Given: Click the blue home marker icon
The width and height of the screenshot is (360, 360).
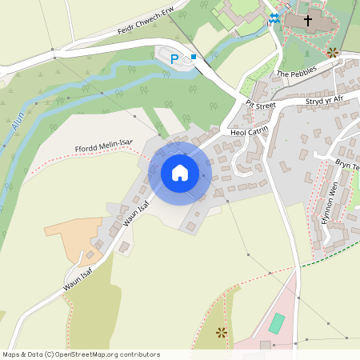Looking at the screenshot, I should pos(180,172).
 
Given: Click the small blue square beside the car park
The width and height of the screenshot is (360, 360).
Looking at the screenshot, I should pos(194,57).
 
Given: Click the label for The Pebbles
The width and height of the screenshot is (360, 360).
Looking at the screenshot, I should pos(298,73).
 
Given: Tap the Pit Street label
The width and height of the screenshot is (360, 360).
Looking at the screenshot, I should pos(261,104).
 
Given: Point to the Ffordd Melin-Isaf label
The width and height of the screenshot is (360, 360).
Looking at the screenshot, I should pos(103,146).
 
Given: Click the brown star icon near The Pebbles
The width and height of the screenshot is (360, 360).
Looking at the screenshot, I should pos(332,53).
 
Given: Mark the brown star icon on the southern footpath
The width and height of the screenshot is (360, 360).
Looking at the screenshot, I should pos(222,332).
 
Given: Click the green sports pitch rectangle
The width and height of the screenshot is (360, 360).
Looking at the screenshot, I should pos(276,323).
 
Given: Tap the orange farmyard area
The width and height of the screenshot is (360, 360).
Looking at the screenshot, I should pos(74,236).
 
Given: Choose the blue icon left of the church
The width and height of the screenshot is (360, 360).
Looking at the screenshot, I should pos(274,18).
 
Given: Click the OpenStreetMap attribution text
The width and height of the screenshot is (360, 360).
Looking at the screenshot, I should pos(81,354).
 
